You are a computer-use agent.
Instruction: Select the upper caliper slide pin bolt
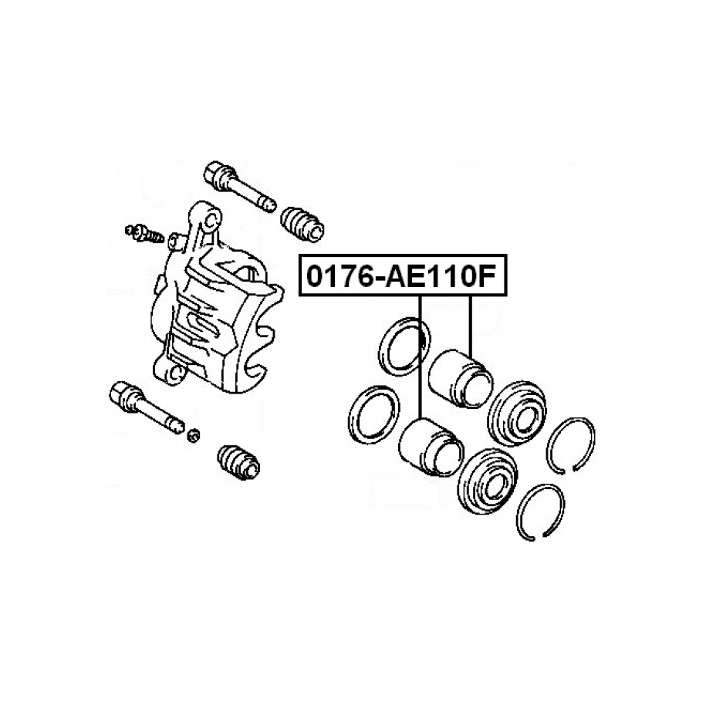pyautogui.click(x=239, y=186)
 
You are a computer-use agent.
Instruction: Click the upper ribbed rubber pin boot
pyautogui.click(x=302, y=225)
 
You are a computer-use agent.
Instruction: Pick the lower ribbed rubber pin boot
pyautogui.click(x=238, y=462)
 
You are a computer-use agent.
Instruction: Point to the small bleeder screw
pyautogui.click(x=144, y=233)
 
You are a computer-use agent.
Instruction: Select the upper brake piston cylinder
pyautogui.click(x=461, y=378)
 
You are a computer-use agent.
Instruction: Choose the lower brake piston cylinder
pyautogui.click(x=431, y=447)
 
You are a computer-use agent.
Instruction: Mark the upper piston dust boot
pyautogui.click(x=517, y=414)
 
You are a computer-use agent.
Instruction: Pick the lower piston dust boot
pyautogui.click(x=487, y=481)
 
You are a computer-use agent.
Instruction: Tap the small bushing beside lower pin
pyautogui.click(x=193, y=435)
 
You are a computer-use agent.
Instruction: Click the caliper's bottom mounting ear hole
pyautogui.click(x=177, y=372)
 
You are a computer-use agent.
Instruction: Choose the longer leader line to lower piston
pyautogui.click(x=420, y=357)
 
